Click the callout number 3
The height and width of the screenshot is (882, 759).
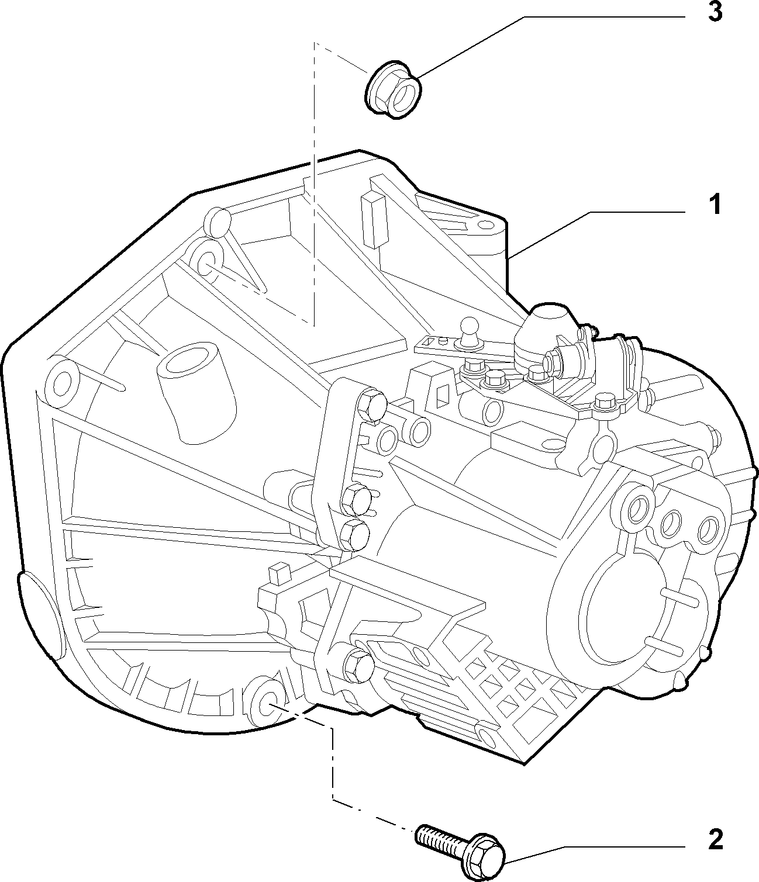click(715, 12)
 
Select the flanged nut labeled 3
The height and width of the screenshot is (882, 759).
click(394, 91)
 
